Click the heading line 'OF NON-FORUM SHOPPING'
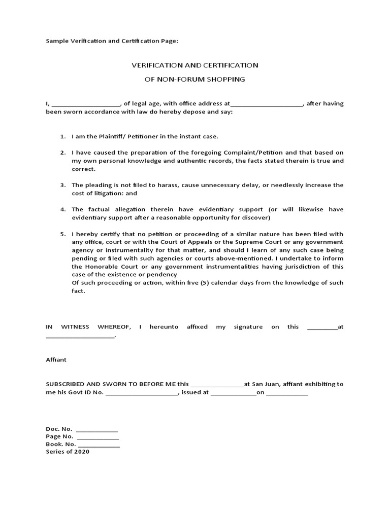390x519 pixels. (x=195, y=80)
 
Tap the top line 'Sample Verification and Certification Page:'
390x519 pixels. (x=112, y=41)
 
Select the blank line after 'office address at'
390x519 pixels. (x=267, y=104)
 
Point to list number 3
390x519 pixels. (x=63, y=186)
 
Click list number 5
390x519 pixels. (x=63, y=234)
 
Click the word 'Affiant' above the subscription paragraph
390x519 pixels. (x=56, y=360)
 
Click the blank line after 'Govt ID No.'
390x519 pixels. (x=142, y=393)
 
